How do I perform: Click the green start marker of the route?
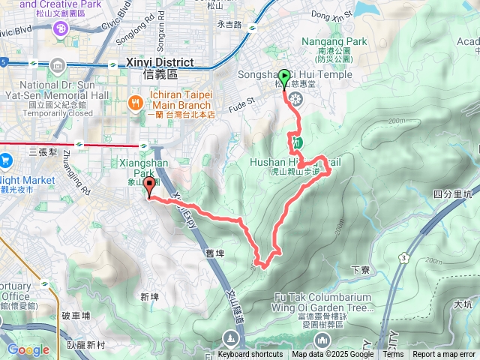click(x=284, y=76)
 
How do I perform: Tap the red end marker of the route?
click(x=148, y=187)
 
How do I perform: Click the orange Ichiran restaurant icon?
click(x=135, y=102)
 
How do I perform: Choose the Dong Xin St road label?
click(x=310, y=14)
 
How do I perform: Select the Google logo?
click(x=28, y=349)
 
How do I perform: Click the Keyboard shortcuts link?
click(x=250, y=355)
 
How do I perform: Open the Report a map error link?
click(x=444, y=355)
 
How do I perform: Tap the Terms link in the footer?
click(x=392, y=355)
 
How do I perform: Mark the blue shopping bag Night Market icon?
click(x=6, y=160)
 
